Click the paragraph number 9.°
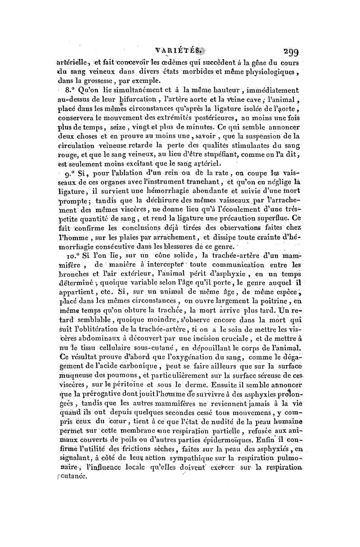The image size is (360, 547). point(71,174)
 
